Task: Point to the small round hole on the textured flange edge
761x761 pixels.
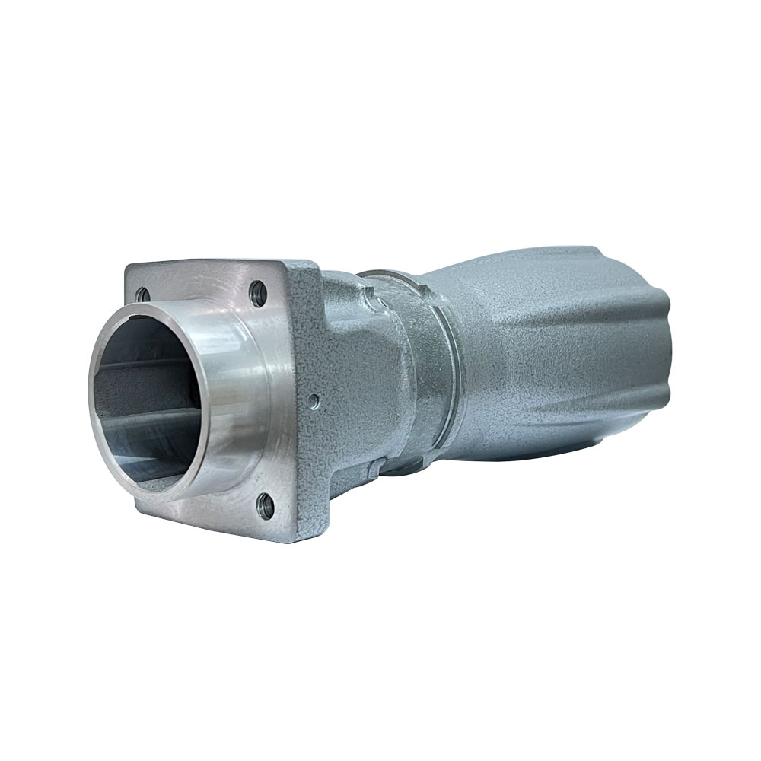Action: pyautogui.click(x=314, y=397)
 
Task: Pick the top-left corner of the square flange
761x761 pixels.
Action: pyautogui.click(x=128, y=265)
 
